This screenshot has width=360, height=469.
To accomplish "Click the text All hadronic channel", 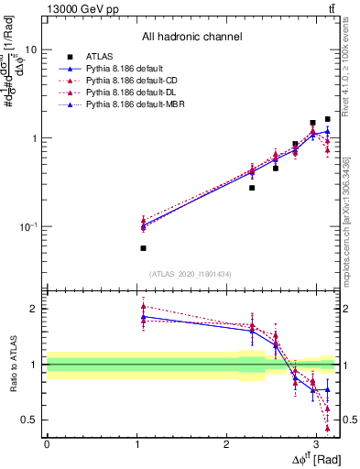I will pos(191,38).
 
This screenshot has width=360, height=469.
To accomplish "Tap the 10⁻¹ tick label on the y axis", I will pos(27,226).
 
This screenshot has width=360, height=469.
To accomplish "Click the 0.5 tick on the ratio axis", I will pos(29,420).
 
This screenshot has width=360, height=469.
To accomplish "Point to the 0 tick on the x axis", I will pos(47,444).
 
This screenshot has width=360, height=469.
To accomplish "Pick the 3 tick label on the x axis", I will pos(316,444).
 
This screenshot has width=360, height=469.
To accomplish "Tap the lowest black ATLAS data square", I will pos(143,248).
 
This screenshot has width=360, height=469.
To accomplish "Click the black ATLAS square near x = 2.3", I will pos(252,188).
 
